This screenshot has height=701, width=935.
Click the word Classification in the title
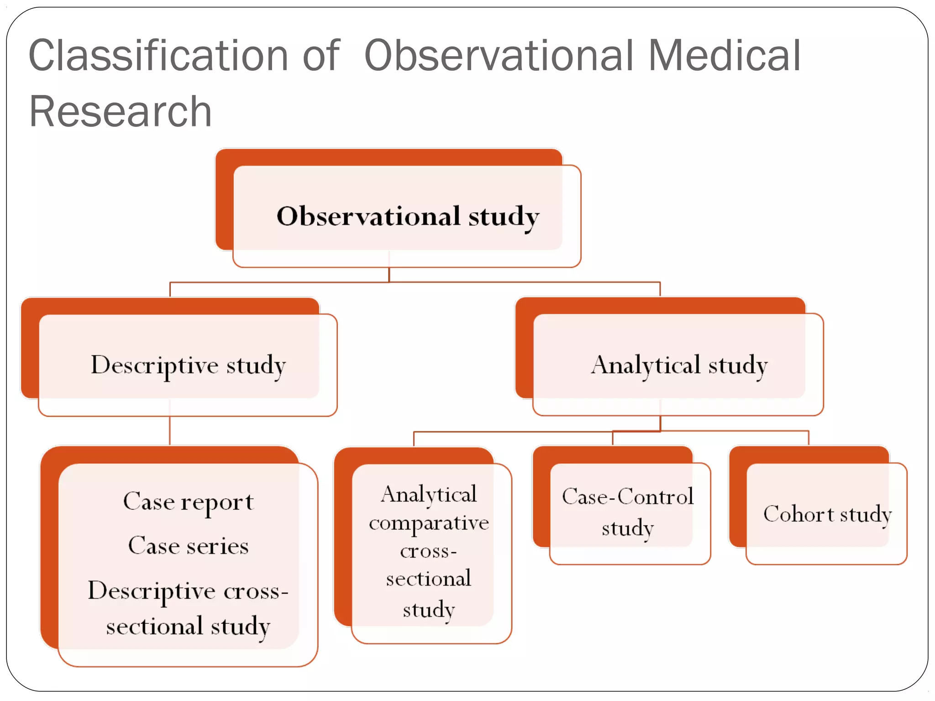[158, 56]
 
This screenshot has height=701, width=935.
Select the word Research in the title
[121, 112]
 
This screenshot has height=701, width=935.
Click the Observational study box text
[408, 216]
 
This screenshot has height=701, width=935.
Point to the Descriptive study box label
[188, 366]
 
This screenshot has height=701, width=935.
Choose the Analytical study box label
[679, 366]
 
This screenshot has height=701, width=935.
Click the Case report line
[188, 502]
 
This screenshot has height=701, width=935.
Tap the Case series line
[188, 546]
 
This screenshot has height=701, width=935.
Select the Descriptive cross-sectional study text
[188, 608]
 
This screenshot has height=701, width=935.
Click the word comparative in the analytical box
[429, 523]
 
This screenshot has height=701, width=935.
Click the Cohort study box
[827, 514]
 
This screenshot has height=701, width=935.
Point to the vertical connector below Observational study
[389, 274]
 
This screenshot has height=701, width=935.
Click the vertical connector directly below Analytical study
[660, 422]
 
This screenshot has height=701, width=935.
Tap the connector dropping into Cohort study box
[809, 438]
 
